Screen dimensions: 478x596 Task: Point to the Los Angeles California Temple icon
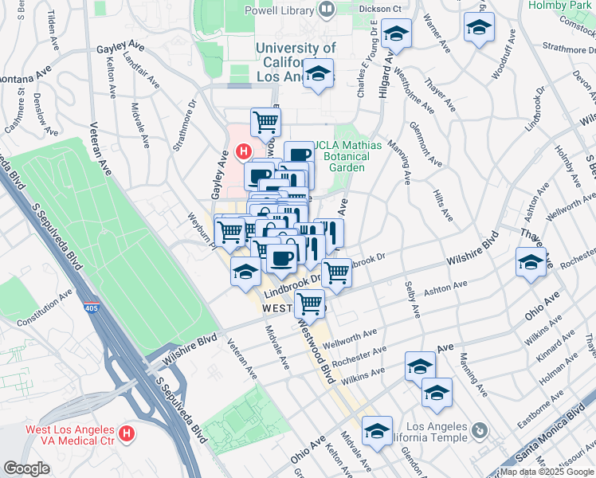(480, 431)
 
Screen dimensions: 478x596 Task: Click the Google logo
(26, 468)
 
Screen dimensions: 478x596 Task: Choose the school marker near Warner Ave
(478, 29)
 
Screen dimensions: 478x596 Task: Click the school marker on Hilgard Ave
(395, 35)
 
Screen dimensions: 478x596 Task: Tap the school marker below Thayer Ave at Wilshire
(531, 263)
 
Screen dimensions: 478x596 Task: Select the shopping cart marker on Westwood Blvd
(309, 304)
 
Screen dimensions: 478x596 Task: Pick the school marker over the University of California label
(319, 74)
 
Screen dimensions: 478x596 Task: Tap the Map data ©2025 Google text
(546, 472)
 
